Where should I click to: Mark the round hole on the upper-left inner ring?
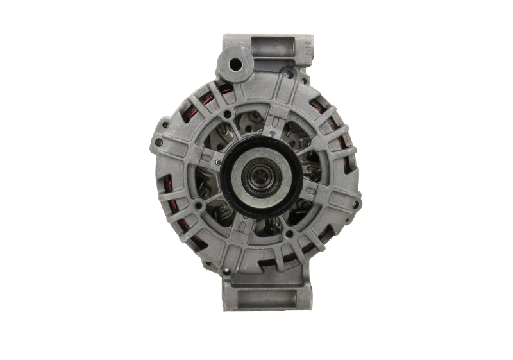click(227, 114)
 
